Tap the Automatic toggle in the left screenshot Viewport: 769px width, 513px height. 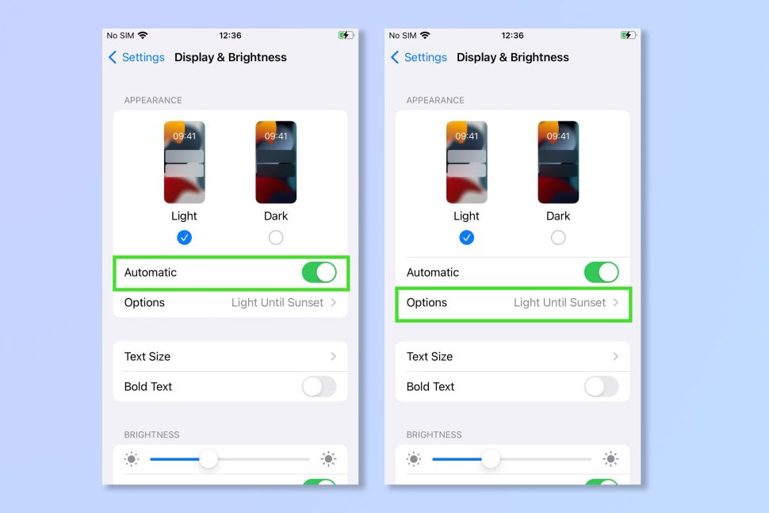tap(319, 272)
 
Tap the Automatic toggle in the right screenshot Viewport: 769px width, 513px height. tap(601, 272)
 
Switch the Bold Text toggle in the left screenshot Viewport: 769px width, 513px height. tap(319, 386)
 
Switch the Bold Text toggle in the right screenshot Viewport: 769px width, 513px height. tap(601, 386)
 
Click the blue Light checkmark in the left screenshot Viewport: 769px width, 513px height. tap(185, 238)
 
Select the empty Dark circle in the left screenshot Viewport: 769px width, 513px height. tap(276, 238)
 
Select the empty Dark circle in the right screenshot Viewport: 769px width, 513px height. tap(558, 238)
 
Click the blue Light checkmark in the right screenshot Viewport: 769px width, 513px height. tap(466, 238)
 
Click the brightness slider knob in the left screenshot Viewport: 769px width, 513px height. tap(209, 459)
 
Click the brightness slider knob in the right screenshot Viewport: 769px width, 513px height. tap(491, 459)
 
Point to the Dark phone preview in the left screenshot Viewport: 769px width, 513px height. tap(276, 163)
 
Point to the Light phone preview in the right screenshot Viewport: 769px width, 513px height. tap(466, 163)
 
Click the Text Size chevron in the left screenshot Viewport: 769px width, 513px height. tap(334, 357)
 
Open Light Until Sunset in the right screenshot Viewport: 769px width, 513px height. tap(560, 303)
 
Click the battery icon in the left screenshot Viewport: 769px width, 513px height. tap(346, 36)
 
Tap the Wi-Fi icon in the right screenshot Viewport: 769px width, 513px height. tap(425, 36)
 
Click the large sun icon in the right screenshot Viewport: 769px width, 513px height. tap(610, 459)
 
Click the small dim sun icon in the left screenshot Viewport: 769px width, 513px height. tap(132, 459)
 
